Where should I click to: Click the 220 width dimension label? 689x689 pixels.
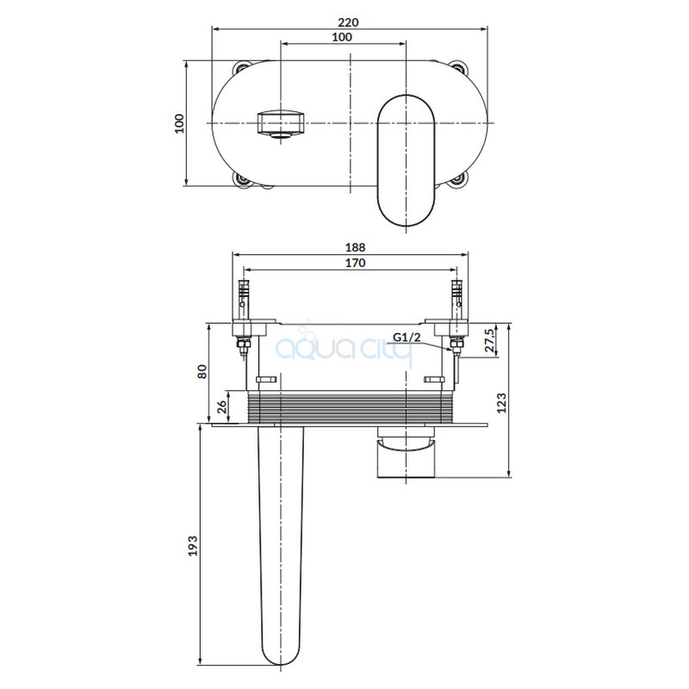coord(348,22)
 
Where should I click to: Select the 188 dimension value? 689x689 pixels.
coord(355,247)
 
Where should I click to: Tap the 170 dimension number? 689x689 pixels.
coord(355,263)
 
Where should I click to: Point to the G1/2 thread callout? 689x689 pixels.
coord(407,338)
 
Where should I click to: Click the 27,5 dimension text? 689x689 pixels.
coord(490,340)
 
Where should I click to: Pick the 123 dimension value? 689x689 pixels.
coord(501,403)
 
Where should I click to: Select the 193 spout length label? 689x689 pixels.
coord(193,546)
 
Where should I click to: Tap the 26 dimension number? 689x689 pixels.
coord(222,407)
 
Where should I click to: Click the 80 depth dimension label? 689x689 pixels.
coord(202,372)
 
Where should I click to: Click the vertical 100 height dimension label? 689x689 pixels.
coord(179,123)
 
